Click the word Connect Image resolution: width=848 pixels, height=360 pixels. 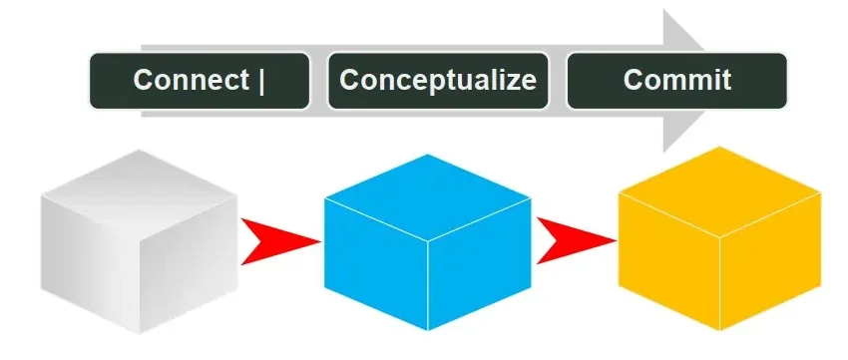point(191,80)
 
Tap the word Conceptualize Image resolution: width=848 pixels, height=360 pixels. point(438,80)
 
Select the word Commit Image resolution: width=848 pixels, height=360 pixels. point(676,80)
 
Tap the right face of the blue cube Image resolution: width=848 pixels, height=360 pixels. point(478,264)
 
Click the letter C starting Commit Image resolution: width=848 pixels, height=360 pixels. point(634,80)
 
